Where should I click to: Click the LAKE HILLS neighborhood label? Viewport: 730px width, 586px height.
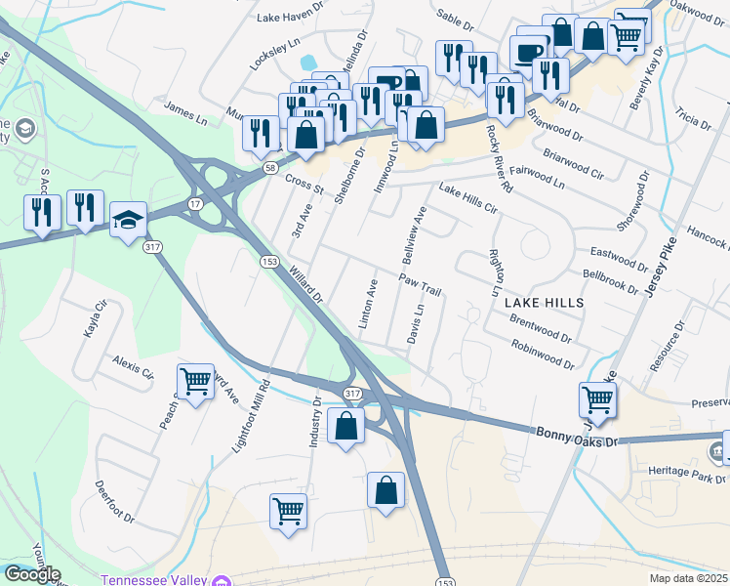(545, 304)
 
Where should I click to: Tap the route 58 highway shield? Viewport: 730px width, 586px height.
(268, 168)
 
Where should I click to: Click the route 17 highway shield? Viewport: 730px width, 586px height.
(195, 203)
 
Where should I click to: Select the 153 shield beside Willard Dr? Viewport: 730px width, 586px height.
(270, 261)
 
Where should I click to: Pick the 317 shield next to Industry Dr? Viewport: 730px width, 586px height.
(352, 393)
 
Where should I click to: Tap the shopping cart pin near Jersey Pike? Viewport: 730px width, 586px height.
(597, 398)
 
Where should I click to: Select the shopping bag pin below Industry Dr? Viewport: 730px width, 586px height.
(345, 426)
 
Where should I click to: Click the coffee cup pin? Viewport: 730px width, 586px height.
(528, 51)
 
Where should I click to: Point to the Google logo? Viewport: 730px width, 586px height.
(32, 574)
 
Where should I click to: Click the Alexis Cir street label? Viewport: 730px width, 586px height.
(133, 366)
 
